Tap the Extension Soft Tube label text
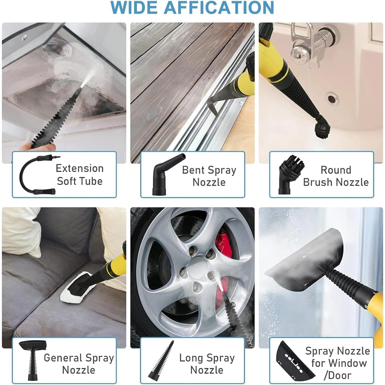(80, 175)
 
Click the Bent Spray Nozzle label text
(209, 176)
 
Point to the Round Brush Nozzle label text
(336, 176)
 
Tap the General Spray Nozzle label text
(79, 364)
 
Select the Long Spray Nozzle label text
(207, 364)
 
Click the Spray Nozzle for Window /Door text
(338, 363)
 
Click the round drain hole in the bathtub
(332, 99)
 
